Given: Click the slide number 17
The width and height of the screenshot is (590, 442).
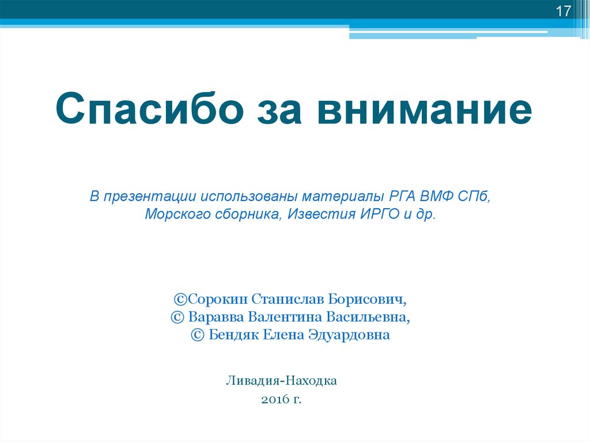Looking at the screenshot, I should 562,12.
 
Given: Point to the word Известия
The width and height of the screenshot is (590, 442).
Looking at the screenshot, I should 320,214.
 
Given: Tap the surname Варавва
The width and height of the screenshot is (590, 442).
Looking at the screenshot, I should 221,317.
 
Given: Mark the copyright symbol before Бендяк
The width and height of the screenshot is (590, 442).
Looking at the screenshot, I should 198,335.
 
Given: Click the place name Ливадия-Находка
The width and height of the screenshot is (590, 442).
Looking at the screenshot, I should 281,381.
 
